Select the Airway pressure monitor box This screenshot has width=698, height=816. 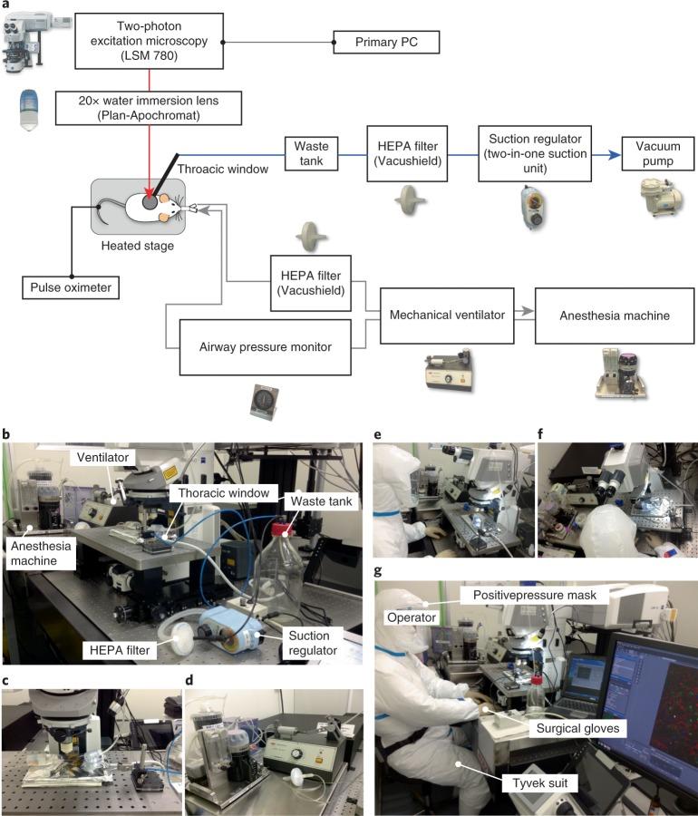click(265, 345)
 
